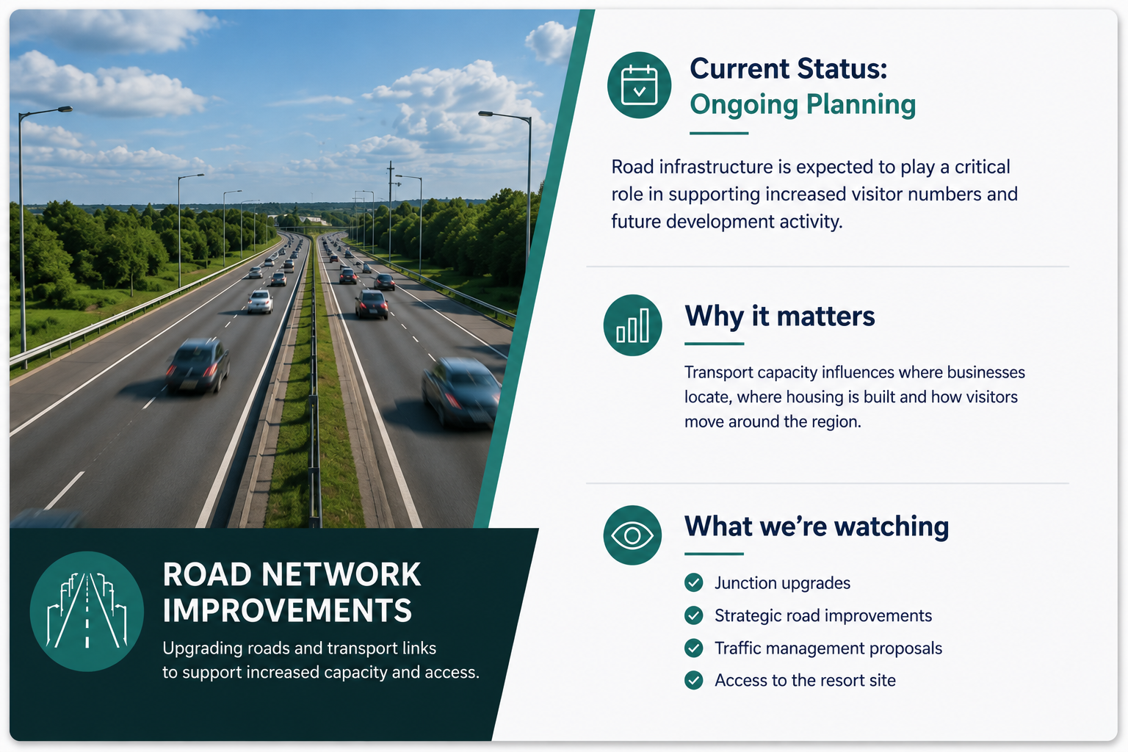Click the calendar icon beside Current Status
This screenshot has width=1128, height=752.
point(639,85)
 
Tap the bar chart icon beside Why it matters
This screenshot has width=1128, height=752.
point(632,325)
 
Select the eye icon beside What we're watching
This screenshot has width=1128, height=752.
point(632,535)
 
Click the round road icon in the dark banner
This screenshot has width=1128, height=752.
point(87,611)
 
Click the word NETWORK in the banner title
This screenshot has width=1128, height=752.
point(341,574)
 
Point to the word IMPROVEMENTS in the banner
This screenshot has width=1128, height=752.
point(287,610)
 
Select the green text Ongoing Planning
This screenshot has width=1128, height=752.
point(802,105)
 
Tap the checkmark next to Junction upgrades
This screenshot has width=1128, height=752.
point(693,583)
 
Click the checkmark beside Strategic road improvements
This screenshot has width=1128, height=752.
point(693,615)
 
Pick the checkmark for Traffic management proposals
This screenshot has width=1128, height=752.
point(693,648)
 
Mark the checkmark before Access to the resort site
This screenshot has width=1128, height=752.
point(693,681)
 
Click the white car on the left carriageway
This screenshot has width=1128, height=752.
point(260,302)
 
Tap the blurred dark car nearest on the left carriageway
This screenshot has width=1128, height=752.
point(198,365)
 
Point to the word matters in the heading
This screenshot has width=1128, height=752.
point(826,317)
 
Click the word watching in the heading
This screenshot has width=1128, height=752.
point(892,527)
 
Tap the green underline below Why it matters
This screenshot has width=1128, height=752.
point(714,344)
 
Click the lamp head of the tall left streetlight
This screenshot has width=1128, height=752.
point(65,109)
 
